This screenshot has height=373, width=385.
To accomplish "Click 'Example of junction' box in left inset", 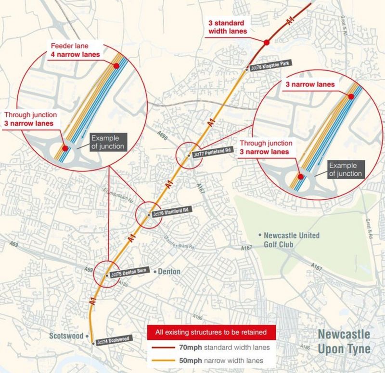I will click(x=107, y=143).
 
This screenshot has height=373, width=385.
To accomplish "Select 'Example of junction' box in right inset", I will click(x=345, y=168).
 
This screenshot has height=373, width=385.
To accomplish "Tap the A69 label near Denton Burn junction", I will click(x=89, y=269).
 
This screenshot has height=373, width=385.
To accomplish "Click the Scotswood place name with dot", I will click(x=70, y=336).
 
